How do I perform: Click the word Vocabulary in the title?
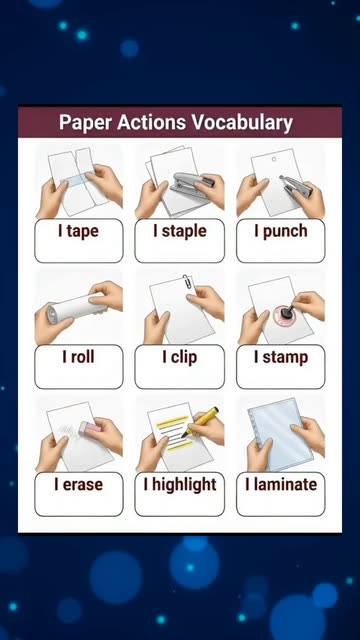pos(242,122)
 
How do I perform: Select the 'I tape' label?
pos(78,231)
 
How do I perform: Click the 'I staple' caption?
pos(180,231)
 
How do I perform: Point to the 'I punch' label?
pos(281,231)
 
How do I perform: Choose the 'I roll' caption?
pos(78,357)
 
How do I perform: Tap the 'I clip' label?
pos(180,358)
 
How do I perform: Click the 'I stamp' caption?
pos(281,358)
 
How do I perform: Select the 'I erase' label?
pos(78,484)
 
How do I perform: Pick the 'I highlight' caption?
pos(180,485)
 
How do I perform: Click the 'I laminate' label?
pos(281,484)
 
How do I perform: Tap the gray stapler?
pos(191,183)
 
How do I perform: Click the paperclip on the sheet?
pos(188,282)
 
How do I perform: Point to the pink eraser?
pos(90,427)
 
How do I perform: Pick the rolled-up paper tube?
pos(71,308)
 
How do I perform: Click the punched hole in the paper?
pos(274,159)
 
